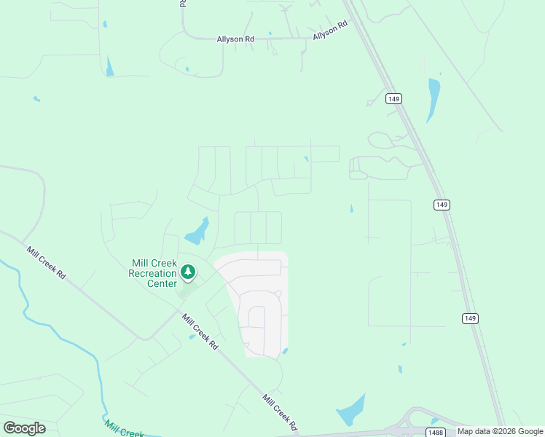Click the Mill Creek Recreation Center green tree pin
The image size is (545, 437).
(x=189, y=272)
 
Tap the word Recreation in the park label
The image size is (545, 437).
(x=152, y=273)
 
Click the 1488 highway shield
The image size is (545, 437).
(x=436, y=432)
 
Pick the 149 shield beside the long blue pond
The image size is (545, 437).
(x=394, y=98)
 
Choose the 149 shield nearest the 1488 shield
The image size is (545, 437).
(x=470, y=318)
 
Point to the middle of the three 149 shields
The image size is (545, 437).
(x=441, y=205)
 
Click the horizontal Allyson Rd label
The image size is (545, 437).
(x=235, y=39)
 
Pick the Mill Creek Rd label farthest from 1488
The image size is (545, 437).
(x=47, y=263)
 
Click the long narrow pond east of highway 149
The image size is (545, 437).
(x=434, y=100)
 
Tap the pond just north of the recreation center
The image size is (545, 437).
(x=197, y=232)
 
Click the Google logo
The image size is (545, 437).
(x=24, y=428)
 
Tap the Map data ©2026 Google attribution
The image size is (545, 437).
(x=500, y=431)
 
